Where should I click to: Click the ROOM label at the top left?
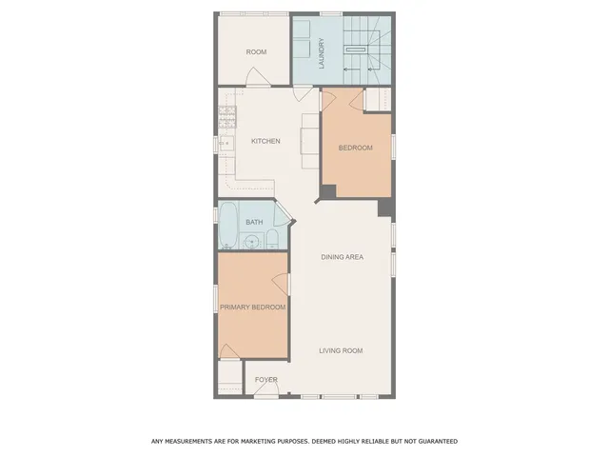tap(256, 52)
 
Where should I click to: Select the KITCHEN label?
tap(265, 142)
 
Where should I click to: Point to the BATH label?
tap(254, 223)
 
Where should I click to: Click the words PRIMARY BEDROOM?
tap(252, 308)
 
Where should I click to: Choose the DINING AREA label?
tap(342, 257)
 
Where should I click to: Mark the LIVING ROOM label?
tap(341, 351)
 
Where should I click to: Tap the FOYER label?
tap(265, 380)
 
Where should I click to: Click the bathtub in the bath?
tap(229, 227)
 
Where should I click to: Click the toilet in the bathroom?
tap(272, 239)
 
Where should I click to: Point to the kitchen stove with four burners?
tap(227, 117)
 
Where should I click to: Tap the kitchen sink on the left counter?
tap(226, 145)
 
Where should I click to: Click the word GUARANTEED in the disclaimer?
tap(436, 441)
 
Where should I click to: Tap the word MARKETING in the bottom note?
tap(264, 441)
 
